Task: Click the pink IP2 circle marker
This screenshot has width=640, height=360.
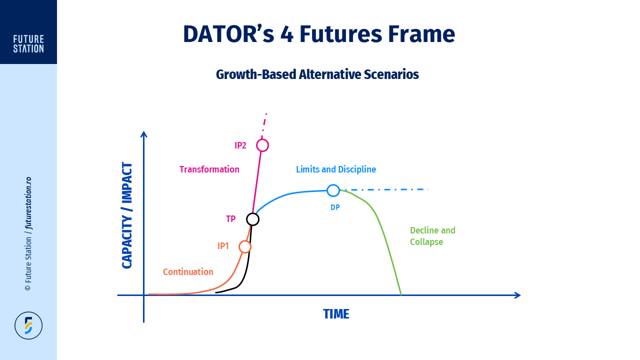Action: point(262,139)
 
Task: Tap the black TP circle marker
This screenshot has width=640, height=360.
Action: point(253,213)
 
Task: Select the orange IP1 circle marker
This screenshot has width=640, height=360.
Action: point(245,241)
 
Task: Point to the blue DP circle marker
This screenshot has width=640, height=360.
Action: point(333,184)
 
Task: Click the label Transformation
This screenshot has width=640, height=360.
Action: point(209,169)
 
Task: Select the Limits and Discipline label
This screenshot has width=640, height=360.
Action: point(336,169)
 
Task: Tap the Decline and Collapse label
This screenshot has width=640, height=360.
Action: point(432,236)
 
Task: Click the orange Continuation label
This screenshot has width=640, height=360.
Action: point(188,271)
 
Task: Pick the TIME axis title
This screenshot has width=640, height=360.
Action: point(336,314)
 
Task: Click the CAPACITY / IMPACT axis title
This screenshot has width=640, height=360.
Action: point(127,215)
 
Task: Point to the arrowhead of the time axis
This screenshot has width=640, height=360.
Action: point(517,295)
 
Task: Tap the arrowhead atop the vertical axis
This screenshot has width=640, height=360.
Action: point(143,134)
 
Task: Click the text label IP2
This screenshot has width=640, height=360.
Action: point(240,145)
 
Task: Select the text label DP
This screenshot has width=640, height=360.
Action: point(335,207)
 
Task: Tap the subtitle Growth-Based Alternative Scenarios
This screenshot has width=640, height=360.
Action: point(317,74)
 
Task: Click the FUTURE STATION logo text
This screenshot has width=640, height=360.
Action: point(28,43)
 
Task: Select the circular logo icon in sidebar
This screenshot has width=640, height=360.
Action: point(28,325)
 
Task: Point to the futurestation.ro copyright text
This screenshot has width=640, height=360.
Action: point(28,233)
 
